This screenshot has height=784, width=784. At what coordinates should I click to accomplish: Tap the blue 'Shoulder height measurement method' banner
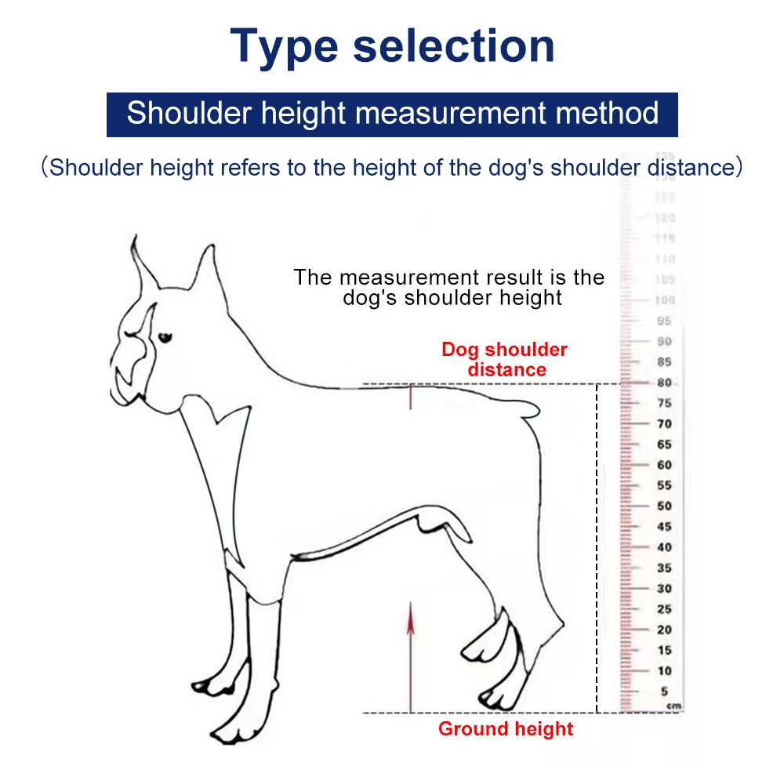point(392,114)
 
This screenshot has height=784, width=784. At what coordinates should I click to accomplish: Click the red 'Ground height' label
point(506,729)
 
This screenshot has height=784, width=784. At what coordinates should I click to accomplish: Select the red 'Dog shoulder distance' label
point(504,359)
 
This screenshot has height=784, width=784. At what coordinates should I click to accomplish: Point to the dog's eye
point(165,338)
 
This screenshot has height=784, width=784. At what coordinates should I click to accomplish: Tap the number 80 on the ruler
point(665,383)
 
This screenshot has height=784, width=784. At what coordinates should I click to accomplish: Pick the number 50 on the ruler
point(665,506)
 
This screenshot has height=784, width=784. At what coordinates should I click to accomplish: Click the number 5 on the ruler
point(665,691)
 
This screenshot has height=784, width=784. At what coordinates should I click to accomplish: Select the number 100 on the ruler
point(665,300)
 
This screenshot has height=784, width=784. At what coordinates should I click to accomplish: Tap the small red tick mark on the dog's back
point(409,398)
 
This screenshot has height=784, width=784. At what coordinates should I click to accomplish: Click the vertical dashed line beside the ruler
point(597,549)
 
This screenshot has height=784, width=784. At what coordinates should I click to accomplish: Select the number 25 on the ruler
point(665,609)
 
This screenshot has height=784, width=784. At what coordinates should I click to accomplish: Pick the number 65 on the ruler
point(665,445)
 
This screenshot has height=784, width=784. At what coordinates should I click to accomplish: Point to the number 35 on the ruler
point(665,568)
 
